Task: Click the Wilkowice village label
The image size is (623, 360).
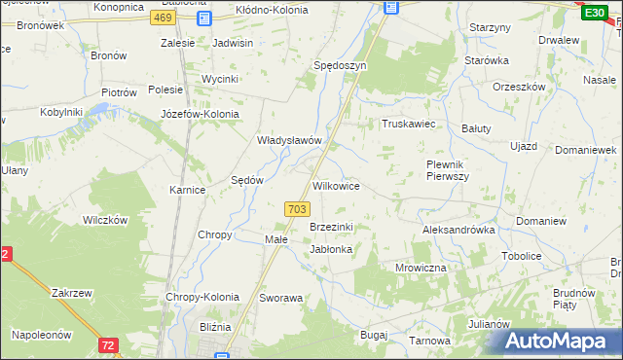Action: tap(337, 185)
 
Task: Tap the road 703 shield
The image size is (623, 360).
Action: tap(298, 209)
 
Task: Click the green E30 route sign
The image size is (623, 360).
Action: tap(594, 12)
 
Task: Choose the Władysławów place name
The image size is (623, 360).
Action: tap(289, 140)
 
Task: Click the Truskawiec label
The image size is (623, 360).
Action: tap(407, 125)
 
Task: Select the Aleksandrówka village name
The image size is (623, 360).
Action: tap(459, 231)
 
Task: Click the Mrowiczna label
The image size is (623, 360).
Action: tap(421, 267)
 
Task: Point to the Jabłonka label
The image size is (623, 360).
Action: tap(330, 249)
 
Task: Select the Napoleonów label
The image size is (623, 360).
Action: tap(42, 334)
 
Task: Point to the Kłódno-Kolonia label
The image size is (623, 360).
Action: tap(272, 10)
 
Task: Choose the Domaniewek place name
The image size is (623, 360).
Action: tap(586, 151)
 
